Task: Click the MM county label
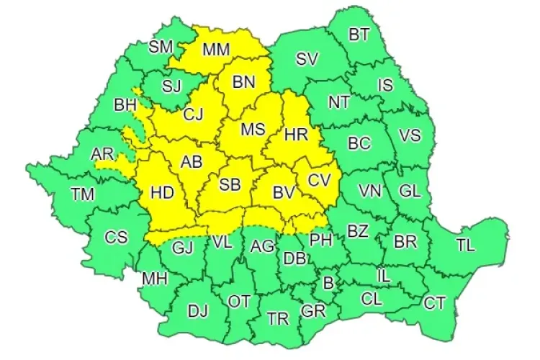coord(217,50)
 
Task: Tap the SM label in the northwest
coord(161,47)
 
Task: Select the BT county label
coord(359,34)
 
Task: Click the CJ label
coord(192,113)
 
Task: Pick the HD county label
coord(162,192)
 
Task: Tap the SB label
coord(230,184)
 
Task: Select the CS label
coord(116,237)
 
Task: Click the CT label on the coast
coord(434,303)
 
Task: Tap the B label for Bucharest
coord(328,283)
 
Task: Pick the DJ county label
coord(197,311)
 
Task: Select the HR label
coord(296,134)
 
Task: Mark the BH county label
coord(125,105)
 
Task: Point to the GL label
coord(410,191)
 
